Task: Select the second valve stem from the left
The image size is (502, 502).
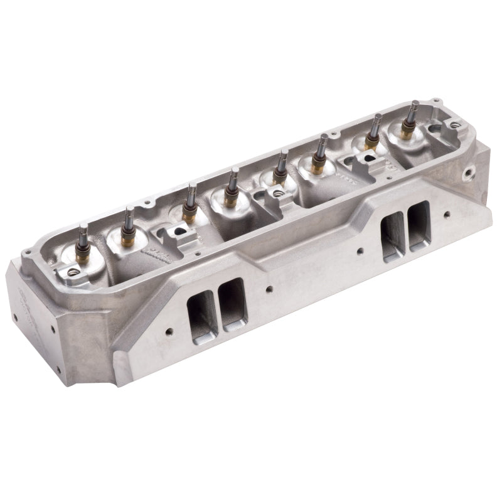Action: point(129,216)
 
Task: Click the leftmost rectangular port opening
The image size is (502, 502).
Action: point(201,311)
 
